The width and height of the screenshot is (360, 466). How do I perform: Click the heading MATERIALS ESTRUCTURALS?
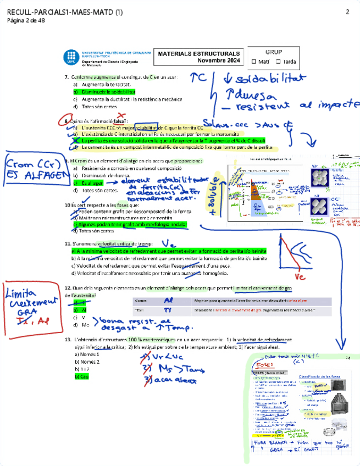pos(191,54)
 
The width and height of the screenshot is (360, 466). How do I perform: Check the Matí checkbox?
pos(253,62)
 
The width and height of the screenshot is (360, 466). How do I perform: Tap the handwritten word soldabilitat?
pos(270,80)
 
